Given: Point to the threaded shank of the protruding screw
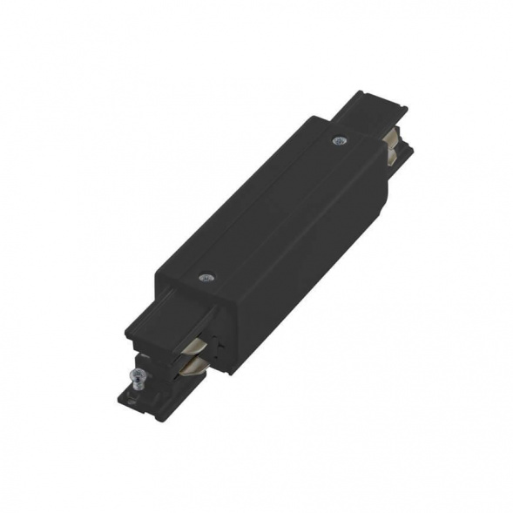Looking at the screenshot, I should click(x=136, y=383).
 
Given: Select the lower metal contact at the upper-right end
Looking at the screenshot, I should click(x=393, y=154).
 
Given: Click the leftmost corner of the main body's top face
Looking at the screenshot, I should click(x=157, y=277).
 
